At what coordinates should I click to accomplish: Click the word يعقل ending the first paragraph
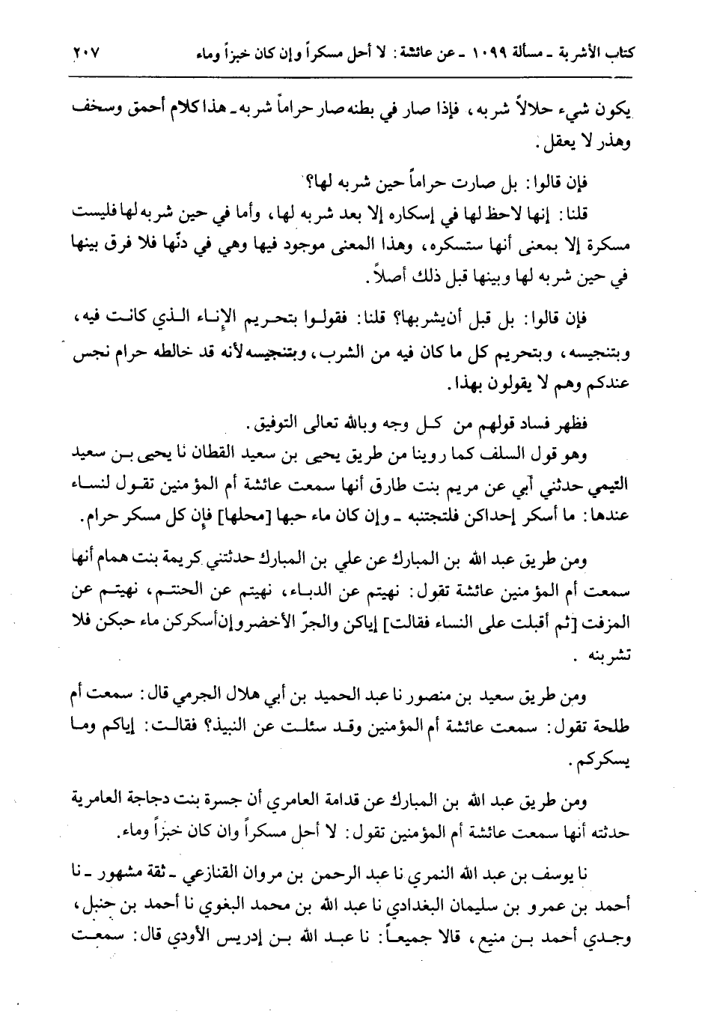coord(579,142)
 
